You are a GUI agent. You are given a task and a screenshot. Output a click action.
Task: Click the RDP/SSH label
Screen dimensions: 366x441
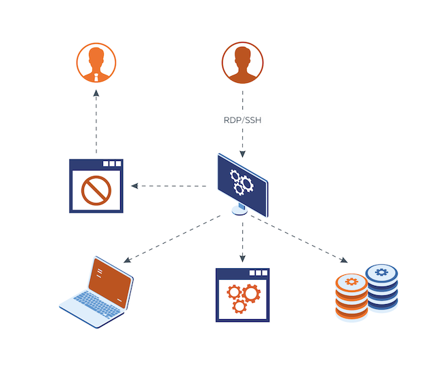(x=242, y=120)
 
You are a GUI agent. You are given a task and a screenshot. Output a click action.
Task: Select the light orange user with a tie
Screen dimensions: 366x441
(x=96, y=62)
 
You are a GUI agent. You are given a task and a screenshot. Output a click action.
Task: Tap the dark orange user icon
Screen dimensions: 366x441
(x=242, y=62)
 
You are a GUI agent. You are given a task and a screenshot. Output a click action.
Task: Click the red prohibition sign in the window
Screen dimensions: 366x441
(x=96, y=190)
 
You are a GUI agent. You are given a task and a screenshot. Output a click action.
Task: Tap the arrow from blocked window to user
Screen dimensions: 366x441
(x=96, y=122)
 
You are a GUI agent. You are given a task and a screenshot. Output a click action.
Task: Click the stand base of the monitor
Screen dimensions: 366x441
(x=239, y=211)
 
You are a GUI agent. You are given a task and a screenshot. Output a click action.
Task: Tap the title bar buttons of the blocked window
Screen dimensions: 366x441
(x=112, y=164)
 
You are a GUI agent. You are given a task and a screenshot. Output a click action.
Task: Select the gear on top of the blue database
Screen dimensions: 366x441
(x=381, y=272)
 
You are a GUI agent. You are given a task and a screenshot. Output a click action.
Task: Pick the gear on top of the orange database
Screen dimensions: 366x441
(x=351, y=281)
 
